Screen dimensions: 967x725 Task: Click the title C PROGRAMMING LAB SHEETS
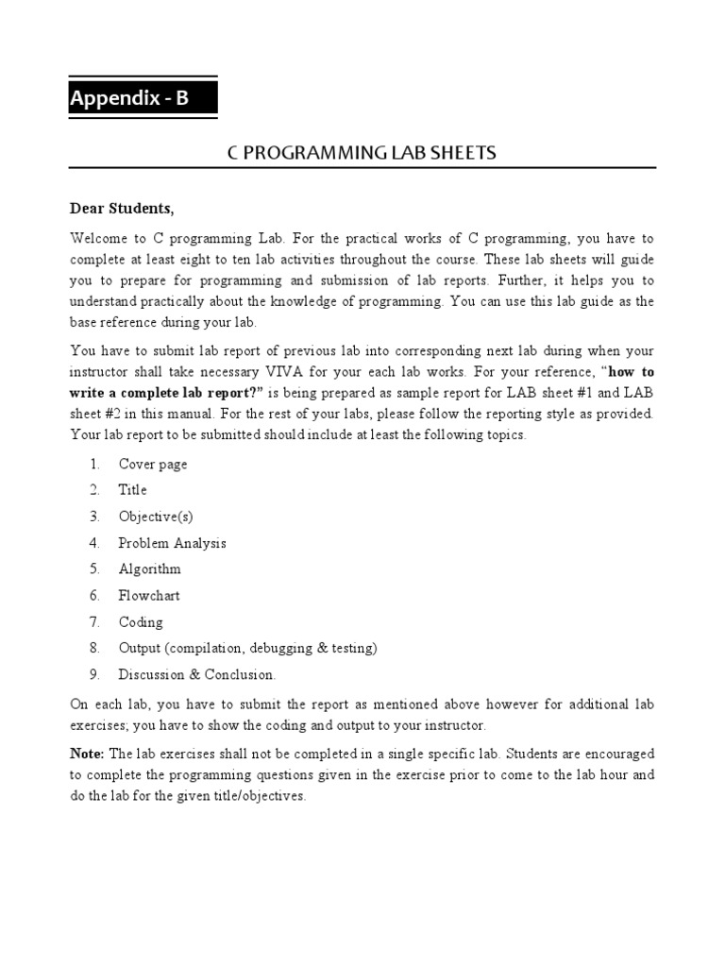tap(362, 153)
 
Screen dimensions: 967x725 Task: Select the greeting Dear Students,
tap(122, 208)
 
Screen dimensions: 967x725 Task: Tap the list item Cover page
tap(153, 464)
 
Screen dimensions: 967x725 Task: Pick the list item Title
tap(132, 490)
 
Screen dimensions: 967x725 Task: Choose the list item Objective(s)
tap(156, 517)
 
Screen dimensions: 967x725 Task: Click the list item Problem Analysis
tap(172, 543)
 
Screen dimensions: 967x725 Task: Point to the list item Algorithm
tap(149, 569)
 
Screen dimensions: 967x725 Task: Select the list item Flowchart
tap(149, 596)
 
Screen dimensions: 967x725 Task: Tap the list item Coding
tap(141, 622)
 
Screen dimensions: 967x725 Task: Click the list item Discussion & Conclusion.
tap(197, 675)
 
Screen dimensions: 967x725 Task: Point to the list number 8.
tap(94, 649)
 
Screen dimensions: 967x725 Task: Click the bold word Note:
tap(88, 754)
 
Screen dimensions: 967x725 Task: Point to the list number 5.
tap(94, 569)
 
